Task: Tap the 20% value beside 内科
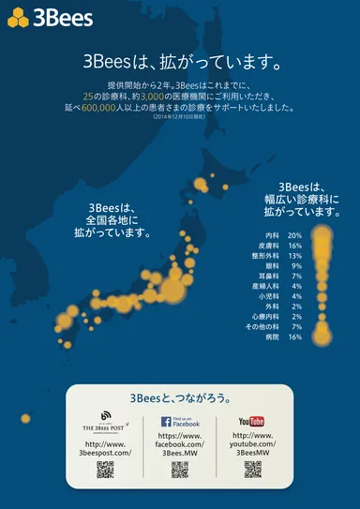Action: click(x=294, y=235)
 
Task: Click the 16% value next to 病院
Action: click(x=294, y=337)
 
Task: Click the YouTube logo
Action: click(x=251, y=421)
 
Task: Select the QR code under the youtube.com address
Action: click(x=251, y=470)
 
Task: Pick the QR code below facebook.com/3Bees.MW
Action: click(x=179, y=470)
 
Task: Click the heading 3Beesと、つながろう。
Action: click(x=180, y=397)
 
